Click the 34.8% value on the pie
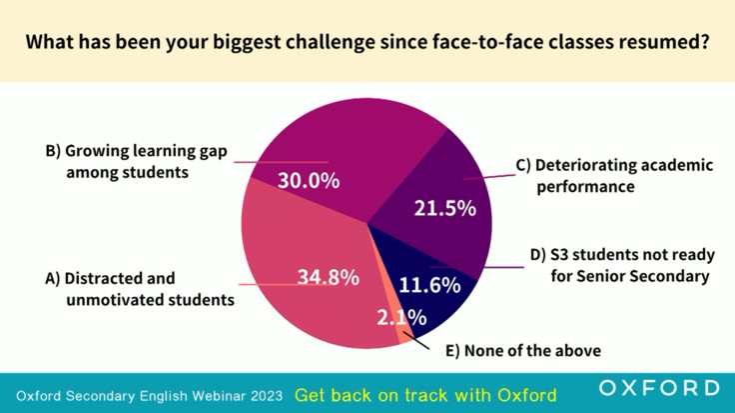pyautogui.click(x=329, y=277)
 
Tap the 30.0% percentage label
pyautogui.click(x=309, y=181)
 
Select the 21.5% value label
pyautogui.click(x=444, y=208)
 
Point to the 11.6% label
pyautogui.click(x=429, y=285)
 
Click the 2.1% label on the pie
pyautogui.click(x=401, y=318)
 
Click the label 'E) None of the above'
pyautogui.click(x=523, y=351)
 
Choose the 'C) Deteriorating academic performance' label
pyautogui.click(x=614, y=176)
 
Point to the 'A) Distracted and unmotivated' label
pyautogui.click(x=140, y=289)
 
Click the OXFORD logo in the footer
pyautogui.click(x=659, y=388)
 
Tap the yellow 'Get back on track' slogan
pyautogui.click(x=425, y=395)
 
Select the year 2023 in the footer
pyautogui.click(x=267, y=396)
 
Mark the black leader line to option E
pyautogui.click(x=416, y=341)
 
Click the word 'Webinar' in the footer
pyautogui.click(x=219, y=396)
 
